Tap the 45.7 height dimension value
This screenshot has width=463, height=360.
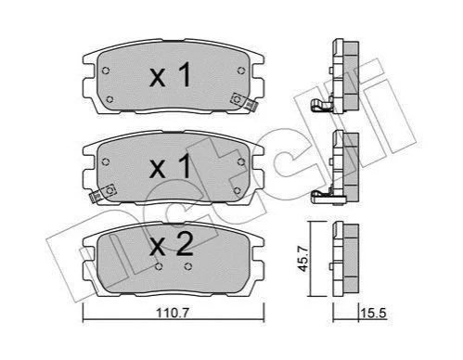click(303, 258)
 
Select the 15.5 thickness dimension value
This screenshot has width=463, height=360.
click(374, 314)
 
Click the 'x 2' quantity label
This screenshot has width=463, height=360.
click(172, 245)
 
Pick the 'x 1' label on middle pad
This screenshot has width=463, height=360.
click(170, 167)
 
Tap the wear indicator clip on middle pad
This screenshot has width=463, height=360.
click(102, 193)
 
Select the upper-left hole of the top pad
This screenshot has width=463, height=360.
click(106, 71)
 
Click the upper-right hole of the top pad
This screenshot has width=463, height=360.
click(241, 71)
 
